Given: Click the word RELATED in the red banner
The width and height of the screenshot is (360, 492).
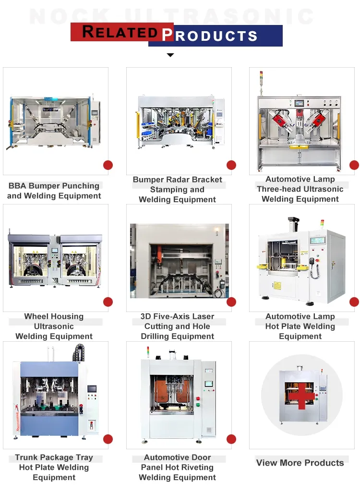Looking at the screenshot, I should pos(120,32).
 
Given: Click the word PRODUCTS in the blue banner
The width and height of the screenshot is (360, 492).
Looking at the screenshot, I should pos(210,36).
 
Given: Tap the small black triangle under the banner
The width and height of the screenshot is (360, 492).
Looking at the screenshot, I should pos(170,55).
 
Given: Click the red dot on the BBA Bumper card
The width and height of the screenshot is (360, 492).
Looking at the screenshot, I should pos(108,165).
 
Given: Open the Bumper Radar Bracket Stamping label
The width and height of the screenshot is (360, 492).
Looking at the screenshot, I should pos(178,190).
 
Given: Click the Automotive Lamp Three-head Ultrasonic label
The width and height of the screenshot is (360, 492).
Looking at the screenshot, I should pos(300,189).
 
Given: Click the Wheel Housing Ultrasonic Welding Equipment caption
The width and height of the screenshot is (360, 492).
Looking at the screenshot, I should pos(54,326).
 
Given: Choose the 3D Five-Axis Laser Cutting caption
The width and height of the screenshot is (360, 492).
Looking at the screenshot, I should pos(178,326).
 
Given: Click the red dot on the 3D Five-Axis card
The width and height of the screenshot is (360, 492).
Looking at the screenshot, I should pos(231,302).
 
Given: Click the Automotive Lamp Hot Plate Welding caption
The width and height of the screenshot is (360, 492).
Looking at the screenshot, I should pos(300,326).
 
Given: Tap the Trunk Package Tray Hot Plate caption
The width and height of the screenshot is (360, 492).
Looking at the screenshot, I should pos(54,468).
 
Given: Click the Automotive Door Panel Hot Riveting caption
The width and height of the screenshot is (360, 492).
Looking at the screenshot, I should pos(178,468).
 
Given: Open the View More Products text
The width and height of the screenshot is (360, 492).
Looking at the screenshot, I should pos(300,463).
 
